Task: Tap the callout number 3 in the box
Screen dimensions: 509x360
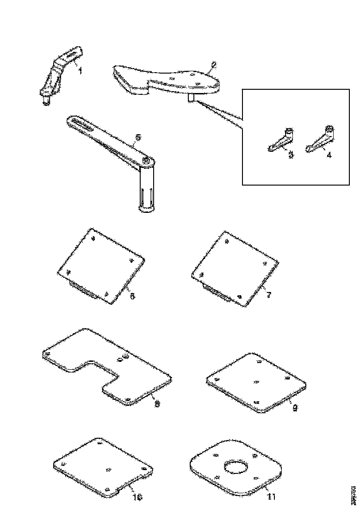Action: pyautogui.click(x=291, y=155)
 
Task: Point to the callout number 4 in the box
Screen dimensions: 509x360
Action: pyautogui.click(x=329, y=155)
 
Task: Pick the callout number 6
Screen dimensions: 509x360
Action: pyautogui.click(x=132, y=296)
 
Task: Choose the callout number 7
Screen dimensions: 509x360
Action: pyautogui.click(x=268, y=295)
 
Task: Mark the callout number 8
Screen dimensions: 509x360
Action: pyautogui.click(x=157, y=404)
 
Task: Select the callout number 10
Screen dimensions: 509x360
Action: pyautogui.click(x=137, y=497)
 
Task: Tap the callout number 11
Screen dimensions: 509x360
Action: pyautogui.click(x=272, y=497)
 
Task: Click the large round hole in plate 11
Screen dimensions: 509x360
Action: pyautogui.click(x=236, y=466)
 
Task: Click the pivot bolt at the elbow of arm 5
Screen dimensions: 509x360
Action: pyautogui.click(x=146, y=160)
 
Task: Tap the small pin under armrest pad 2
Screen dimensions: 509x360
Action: pyautogui.click(x=190, y=98)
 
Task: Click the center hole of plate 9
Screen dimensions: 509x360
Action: pyautogui.click(x=256, y=382)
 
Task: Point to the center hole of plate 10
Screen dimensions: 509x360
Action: pyautogui.click(x=108, y=470)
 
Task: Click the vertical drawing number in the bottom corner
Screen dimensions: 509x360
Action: pyautogui.click(x=354, y=492)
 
